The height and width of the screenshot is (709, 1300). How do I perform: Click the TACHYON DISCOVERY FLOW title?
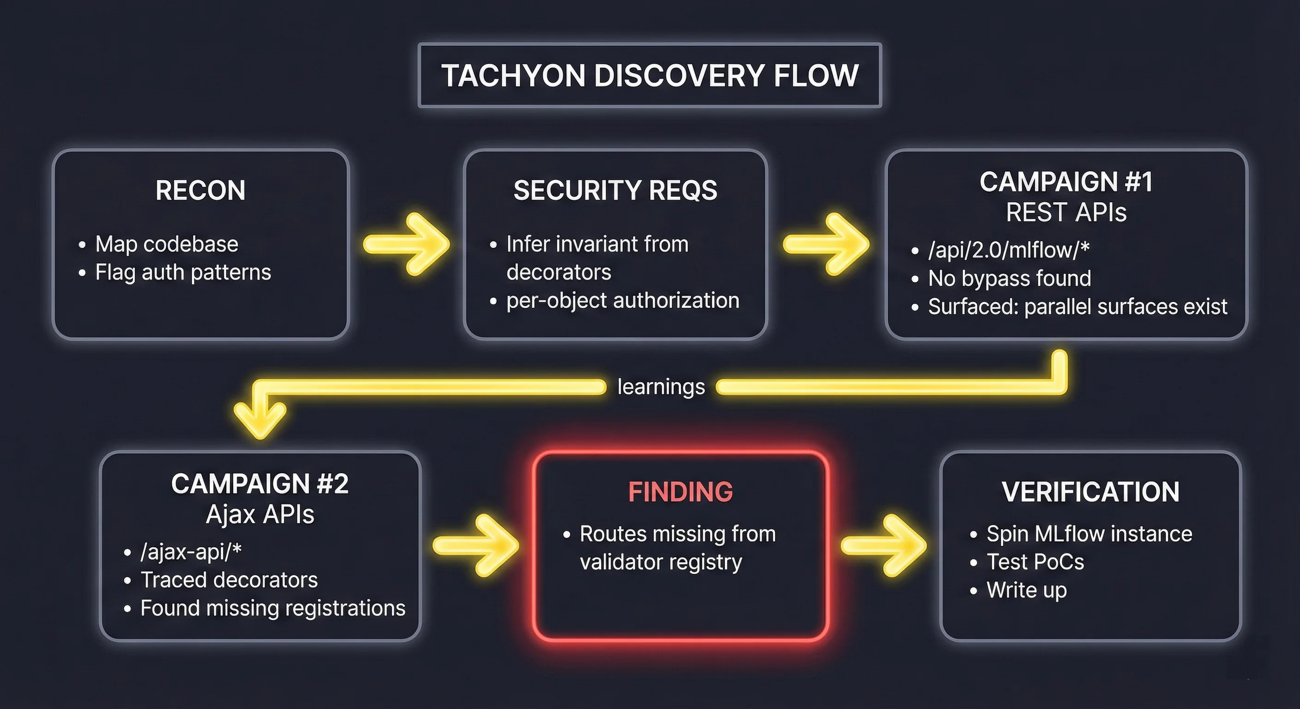click(650, 76)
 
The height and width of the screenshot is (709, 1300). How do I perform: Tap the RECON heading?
click(200, 190)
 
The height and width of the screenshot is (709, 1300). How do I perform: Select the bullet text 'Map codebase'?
click(167, 244)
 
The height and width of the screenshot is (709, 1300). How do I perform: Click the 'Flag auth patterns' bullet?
click(183, 272)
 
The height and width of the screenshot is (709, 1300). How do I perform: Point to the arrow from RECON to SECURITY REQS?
click(407, 244)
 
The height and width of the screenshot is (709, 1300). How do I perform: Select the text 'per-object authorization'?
click(623, 301)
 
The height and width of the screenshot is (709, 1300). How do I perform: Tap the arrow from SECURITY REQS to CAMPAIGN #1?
click(826, 244)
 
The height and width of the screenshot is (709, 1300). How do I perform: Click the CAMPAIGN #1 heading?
click(1066, 182)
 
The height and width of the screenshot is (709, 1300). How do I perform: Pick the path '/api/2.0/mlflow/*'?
click(1009, 250)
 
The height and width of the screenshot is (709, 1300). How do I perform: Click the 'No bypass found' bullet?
click(1009, 278)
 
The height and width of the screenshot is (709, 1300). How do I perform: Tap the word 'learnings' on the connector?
click(661, 387)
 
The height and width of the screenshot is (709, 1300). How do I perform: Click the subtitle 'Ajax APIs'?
click(260, 515)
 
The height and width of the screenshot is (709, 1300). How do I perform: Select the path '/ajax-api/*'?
click(191, 552)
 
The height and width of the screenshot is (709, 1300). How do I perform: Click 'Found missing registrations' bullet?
click(272, 608)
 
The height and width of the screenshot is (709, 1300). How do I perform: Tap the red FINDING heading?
click(680, 492)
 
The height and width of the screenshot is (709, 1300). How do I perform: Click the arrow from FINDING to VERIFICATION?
click(884, 546)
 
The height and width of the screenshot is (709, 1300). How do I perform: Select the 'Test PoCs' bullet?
click(1035, 562)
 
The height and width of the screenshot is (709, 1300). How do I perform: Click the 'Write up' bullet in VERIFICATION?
click(1027, 590)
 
